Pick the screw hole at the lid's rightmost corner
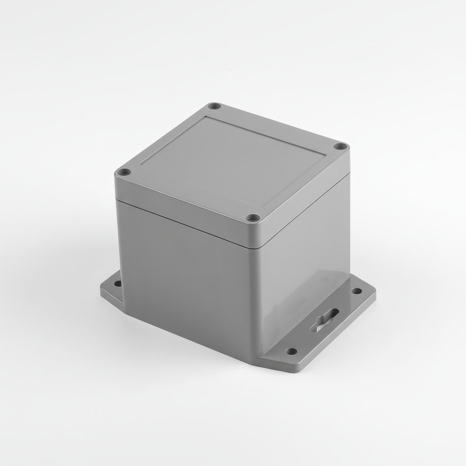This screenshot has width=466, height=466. click(x=339, y=147)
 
